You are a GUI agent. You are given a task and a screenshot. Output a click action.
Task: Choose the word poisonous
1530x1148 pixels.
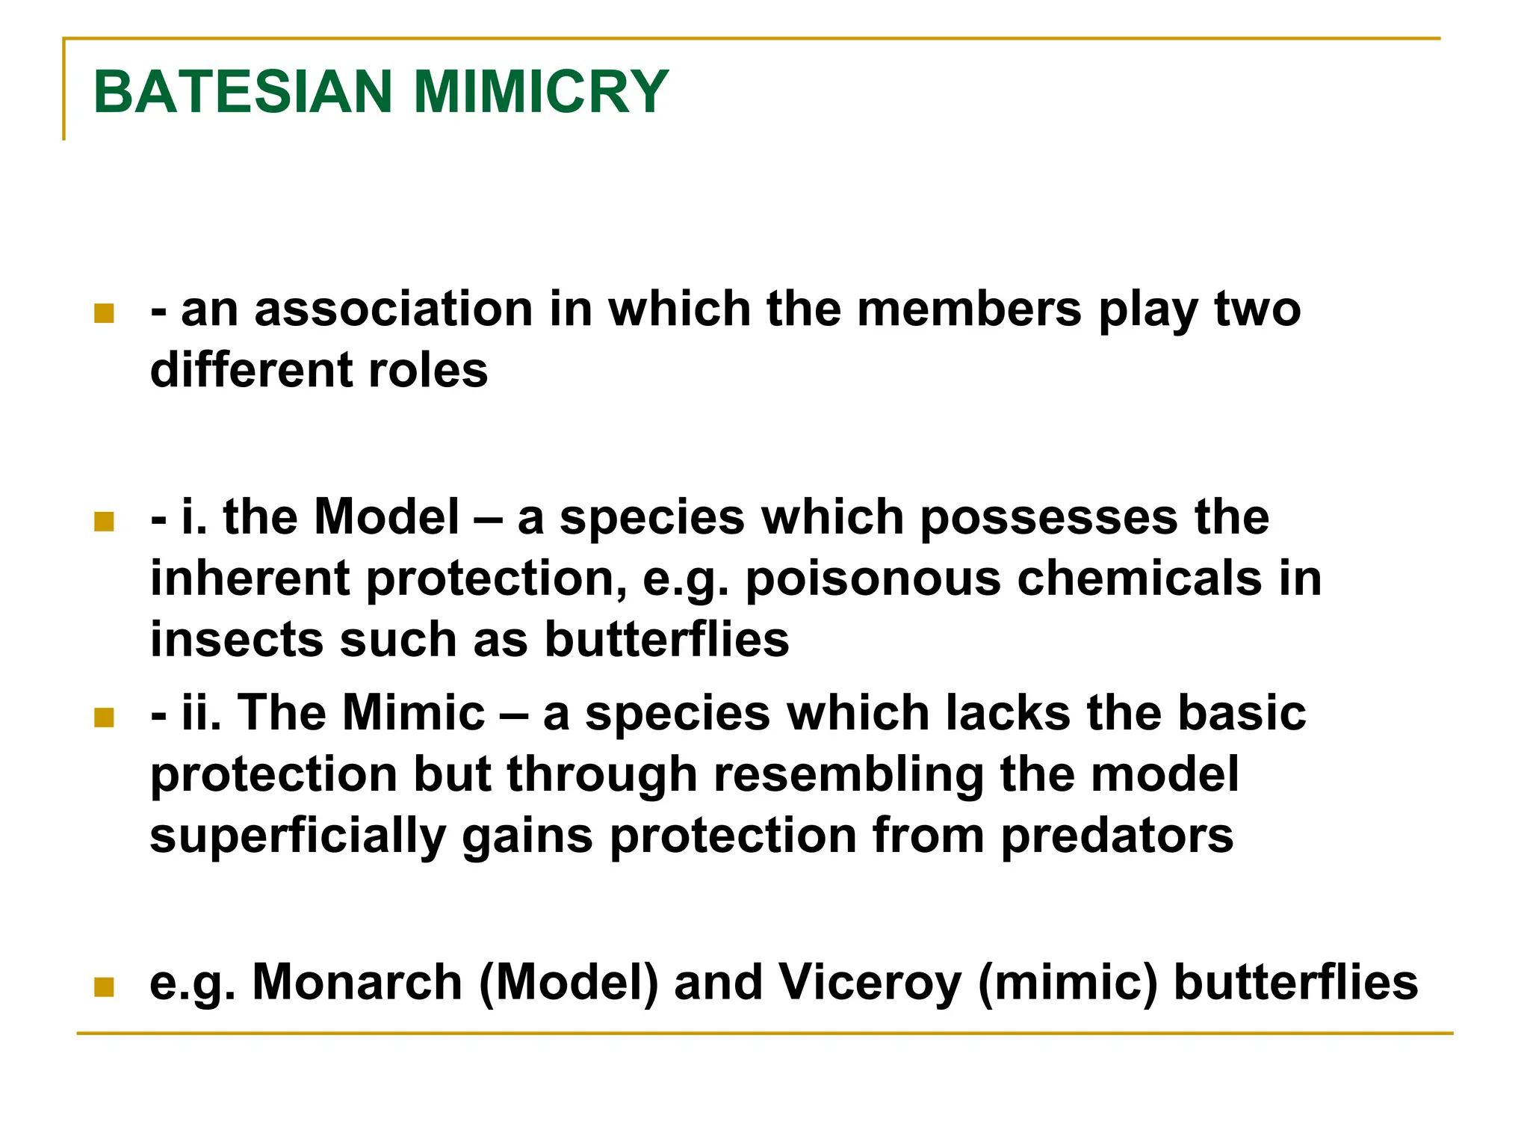873,578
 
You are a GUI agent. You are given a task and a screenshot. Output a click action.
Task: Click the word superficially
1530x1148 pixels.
298,836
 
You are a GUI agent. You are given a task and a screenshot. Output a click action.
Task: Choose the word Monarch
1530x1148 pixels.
358,982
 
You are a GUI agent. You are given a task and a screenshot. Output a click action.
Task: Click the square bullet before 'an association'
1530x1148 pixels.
105,313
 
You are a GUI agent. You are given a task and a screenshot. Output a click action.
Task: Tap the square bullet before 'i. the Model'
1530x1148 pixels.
105,521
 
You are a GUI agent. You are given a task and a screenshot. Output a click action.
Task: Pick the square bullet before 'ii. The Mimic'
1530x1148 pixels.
105,717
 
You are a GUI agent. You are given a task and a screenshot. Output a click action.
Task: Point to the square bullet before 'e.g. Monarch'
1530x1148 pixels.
105,987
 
